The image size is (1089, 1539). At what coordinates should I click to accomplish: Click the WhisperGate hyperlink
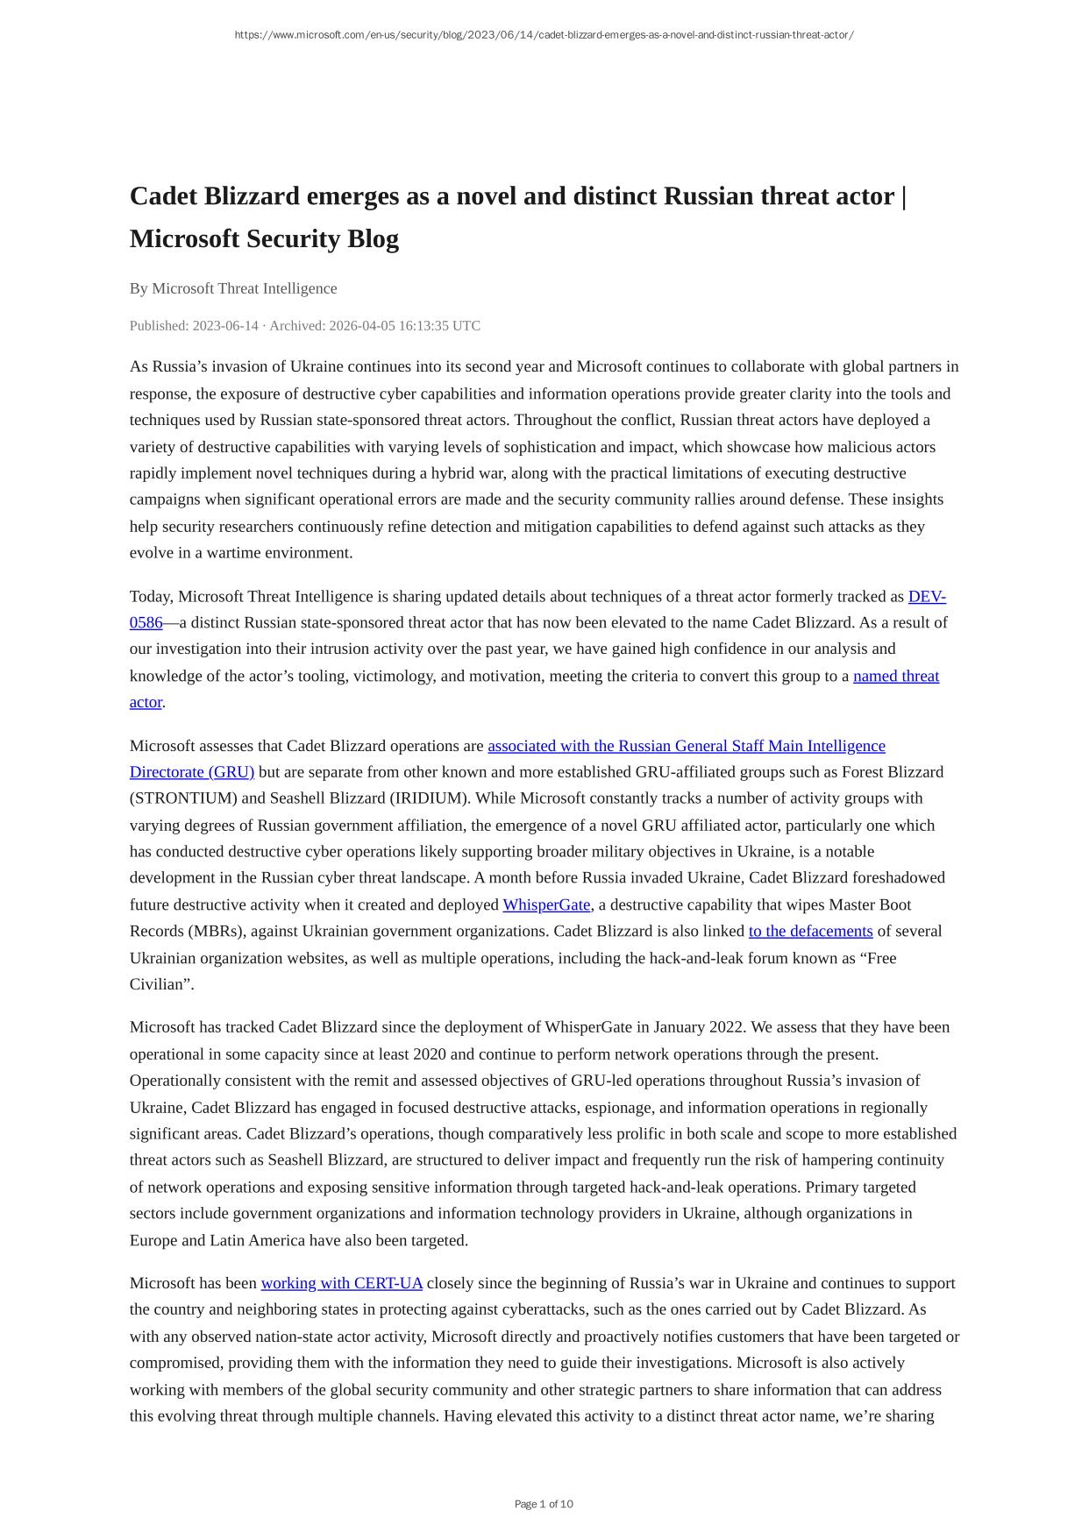[546, 904]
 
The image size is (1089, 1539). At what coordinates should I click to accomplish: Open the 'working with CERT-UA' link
[341, 1283]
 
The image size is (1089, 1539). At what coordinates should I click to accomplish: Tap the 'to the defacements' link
[810, 931]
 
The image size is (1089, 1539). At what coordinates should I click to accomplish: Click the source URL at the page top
[544, 35]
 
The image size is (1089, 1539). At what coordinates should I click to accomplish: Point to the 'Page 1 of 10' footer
[544, 1504]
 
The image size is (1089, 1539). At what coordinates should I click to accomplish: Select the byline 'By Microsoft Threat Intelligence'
[233, 288]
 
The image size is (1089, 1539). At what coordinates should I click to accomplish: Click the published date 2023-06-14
[225, 326]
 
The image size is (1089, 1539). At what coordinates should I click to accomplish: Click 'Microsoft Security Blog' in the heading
[264, 238]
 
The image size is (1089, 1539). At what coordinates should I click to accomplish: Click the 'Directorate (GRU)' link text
[192, 772]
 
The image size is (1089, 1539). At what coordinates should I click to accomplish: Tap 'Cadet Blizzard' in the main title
[215, 195]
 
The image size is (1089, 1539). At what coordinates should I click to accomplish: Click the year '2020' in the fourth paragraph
[431, 1053]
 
